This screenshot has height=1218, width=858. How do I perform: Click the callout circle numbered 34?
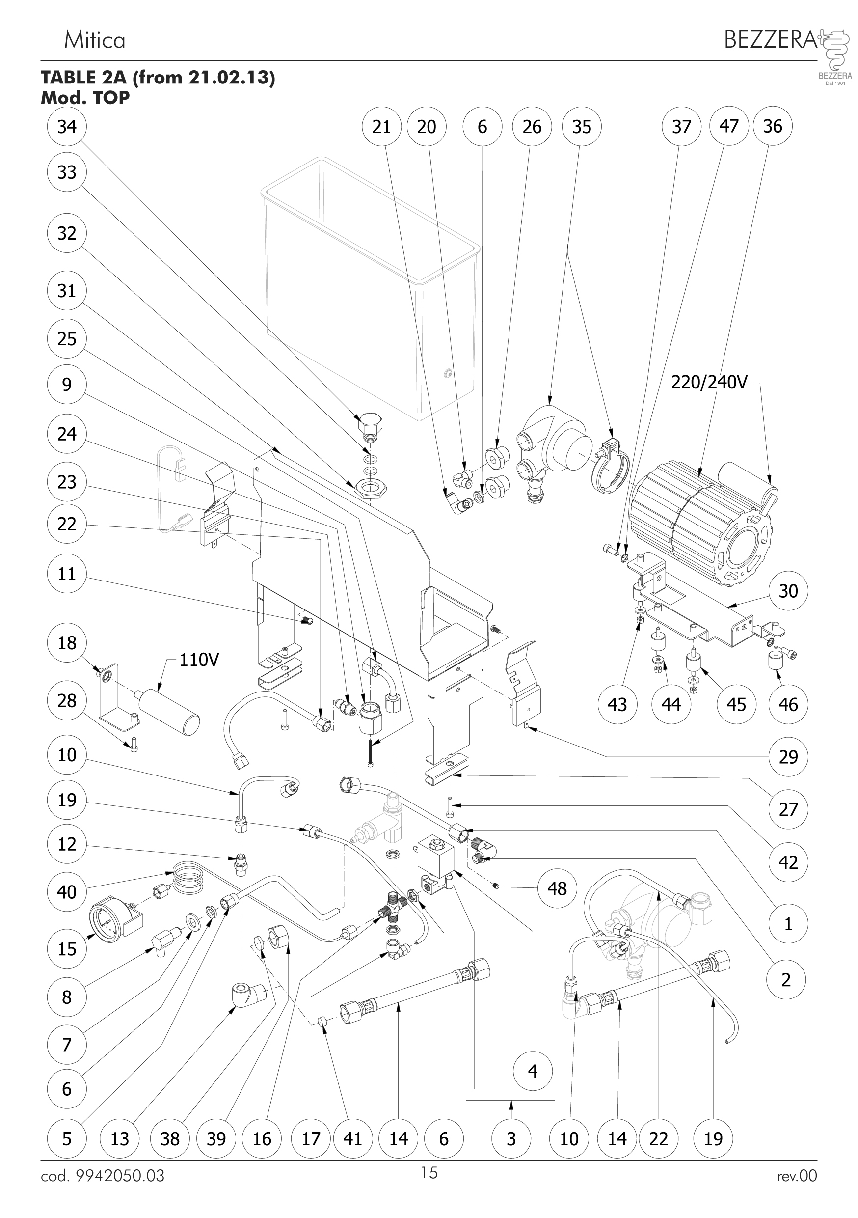pyautogui.click(x=67, y=126)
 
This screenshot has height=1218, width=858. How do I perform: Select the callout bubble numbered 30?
pyautogui.click(x=788, y=590)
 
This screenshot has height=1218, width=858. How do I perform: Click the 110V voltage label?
pyautogui.click(x=199, y=660)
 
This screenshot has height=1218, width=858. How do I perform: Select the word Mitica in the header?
pyautogui.click(x=94, y=40)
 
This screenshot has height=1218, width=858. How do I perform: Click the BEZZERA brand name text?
pyautogui.click(x=771, y=39)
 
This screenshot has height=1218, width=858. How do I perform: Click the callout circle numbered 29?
pyautogui.click(x=788, y=756)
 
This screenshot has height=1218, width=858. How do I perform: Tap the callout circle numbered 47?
pyautogui.click(x=728, y=126)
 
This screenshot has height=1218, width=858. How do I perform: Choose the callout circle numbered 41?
pyautogui.click(x=352, y=1138)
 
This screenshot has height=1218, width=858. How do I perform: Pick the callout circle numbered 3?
pyautogui.click(x=511, y=1138)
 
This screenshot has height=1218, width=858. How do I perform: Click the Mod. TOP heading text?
pyautogui.click(x=85, y=98)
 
